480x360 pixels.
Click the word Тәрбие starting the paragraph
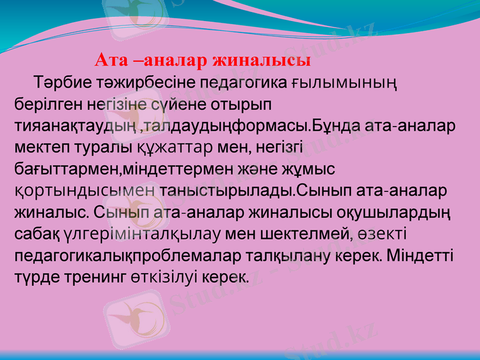[61, 82]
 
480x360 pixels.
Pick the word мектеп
[41, 148]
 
